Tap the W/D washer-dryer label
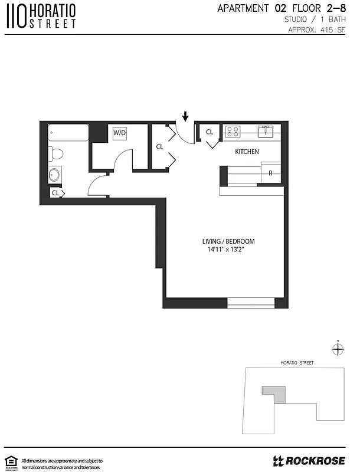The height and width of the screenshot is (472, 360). click(120, 133)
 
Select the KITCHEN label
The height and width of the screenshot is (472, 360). click(247, 152)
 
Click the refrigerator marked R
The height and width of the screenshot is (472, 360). click(270, 173)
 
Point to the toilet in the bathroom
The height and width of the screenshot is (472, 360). click(55, 155)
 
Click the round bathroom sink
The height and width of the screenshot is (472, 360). click(55, 175)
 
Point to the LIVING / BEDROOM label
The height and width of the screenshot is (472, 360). click(228, 242)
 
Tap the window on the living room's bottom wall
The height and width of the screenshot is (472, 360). click(251, 303)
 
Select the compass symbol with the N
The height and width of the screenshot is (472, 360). click(337, 349)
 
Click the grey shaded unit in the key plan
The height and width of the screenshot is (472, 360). click(274, 393)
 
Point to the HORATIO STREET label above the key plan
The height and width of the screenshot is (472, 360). click(297, 362)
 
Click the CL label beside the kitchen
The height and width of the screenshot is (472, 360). click(210, 132)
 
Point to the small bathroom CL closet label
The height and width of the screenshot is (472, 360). click(55, 193)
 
